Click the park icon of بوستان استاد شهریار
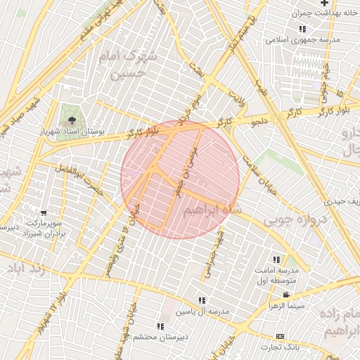75,118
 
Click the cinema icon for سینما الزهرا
286,295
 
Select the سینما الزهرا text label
285,306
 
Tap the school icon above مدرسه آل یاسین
202,300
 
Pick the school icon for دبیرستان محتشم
161,326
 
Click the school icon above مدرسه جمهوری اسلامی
302,28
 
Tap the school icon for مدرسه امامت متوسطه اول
285,259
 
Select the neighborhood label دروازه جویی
293,219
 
